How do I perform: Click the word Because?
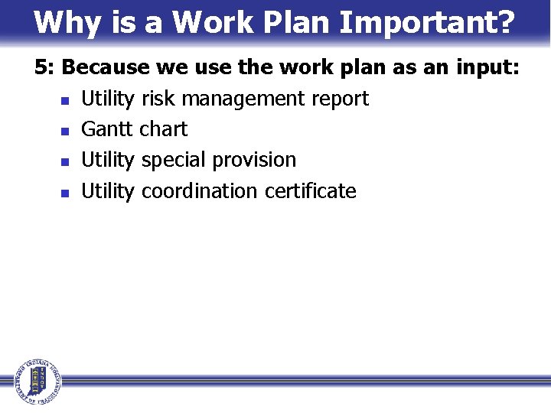click(105, 67)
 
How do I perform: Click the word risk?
click(157, 99)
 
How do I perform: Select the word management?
click(240, 99)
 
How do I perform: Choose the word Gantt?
click(106, 129)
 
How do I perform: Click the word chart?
click(163, 129)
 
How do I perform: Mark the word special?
click(174, 160)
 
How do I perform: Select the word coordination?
click(201, 190)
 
